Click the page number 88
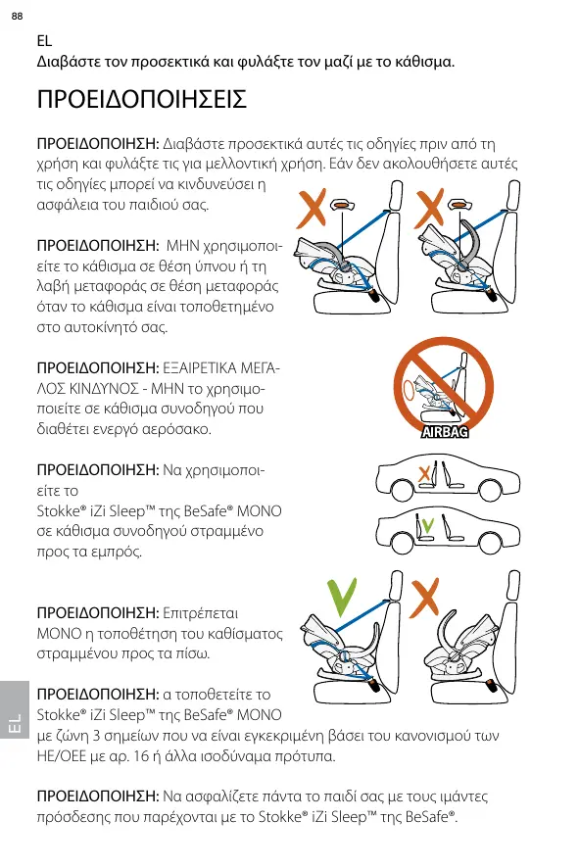[x=18, y=16]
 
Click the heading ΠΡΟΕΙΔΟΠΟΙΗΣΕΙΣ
[x=142, y=100]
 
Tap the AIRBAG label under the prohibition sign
[x=445, y=432]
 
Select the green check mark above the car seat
[x=341, y=598]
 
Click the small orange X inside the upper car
[x=424, y=474]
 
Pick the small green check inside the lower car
[x=427, y=524]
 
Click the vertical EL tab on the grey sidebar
[x=15, y=724]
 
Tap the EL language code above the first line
[x=44, y=41]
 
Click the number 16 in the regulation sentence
[x=141, y=756]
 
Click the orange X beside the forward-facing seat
[x=425, y=598]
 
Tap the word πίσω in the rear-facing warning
[x=192, y=653]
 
